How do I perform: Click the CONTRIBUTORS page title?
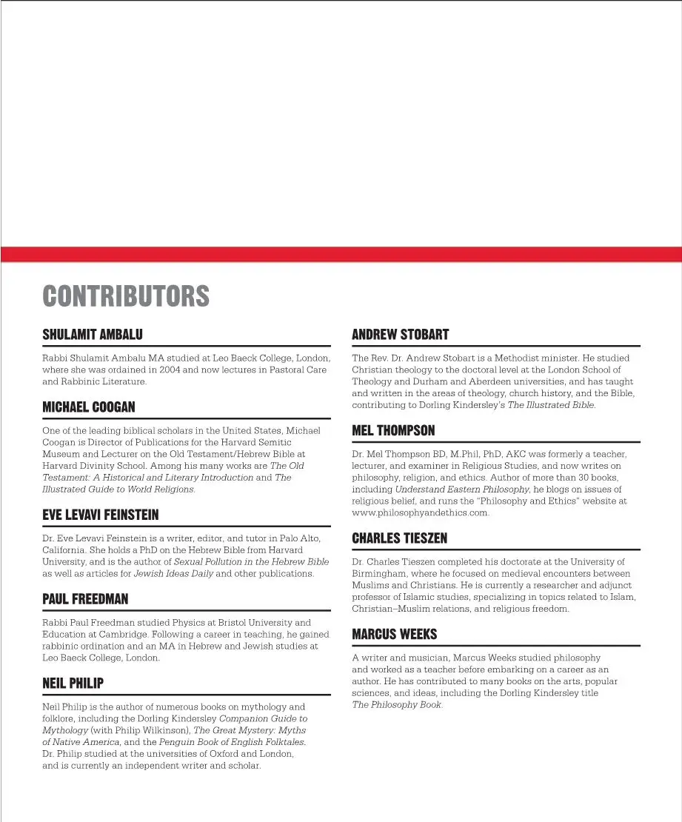click(126, 296)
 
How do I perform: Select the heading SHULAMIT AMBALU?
click(93, 335)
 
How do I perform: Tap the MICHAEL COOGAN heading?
click(89, 407)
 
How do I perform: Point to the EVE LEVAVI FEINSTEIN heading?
click(101, 515)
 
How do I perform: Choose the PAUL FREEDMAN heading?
click(85, 598)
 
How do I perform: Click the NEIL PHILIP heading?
click(73, 684)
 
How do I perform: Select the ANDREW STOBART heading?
click(401, 335)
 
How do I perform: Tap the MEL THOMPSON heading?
click(393, 430)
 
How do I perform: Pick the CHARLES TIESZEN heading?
click(400, 538)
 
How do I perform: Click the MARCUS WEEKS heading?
click(395, 634)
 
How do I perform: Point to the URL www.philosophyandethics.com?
click(421, 513)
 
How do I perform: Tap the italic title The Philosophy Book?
click(396, 705)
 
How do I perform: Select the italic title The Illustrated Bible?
click(551, 405)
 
